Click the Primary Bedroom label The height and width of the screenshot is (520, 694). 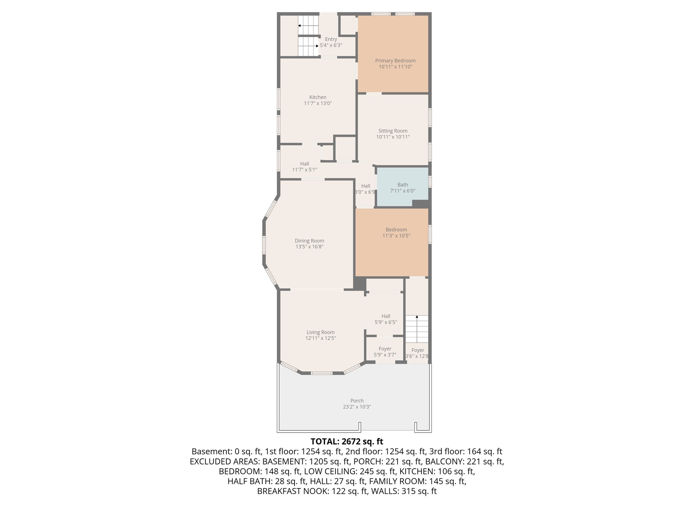395,61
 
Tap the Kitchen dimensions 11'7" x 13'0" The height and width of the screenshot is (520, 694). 318,103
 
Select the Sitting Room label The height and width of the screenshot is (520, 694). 393,131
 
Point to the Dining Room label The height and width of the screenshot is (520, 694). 309,241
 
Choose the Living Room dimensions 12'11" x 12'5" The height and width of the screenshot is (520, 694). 320,338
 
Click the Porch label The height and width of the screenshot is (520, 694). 357,400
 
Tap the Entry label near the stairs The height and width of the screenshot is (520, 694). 331,39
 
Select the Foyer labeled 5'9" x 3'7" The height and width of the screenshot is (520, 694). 385,351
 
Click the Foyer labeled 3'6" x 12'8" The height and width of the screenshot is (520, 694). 417,353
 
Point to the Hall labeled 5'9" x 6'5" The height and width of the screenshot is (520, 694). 386,319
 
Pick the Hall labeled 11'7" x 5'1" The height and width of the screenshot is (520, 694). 304,166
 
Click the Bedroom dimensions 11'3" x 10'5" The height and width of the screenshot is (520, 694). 396,236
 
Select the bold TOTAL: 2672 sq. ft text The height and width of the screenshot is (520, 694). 347,441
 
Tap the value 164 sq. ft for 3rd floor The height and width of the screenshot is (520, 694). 484,451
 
